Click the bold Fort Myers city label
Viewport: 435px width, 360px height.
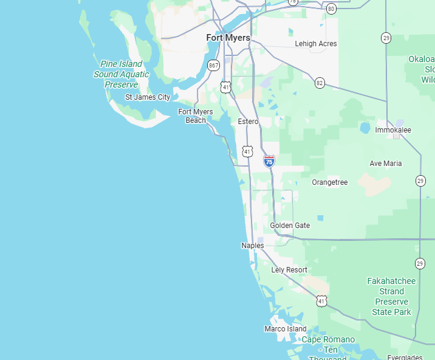pos(228,38)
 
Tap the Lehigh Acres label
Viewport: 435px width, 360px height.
pos(315,44)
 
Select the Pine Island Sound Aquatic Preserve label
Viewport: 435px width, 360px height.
pos(121,74)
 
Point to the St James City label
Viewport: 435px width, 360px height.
pos(148,97)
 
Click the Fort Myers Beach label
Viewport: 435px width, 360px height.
pos(196,116)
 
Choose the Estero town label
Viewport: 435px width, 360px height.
pos(248,122)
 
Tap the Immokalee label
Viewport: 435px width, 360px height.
pos(392,130)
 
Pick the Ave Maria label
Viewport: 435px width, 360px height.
pos(386,164)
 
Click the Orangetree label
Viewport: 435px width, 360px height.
pos(329,182)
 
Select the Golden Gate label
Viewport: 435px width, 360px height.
pos(290,226)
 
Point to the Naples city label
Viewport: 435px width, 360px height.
pos(252,246)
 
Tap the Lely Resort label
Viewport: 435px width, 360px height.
pos(289,270)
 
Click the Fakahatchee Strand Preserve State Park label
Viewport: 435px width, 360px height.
pos(391,297)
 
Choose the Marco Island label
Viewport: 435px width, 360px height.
pos(286,329)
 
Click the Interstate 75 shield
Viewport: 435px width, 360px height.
pos(269,161)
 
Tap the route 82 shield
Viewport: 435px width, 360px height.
pos(320,83)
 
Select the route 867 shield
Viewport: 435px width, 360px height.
pos(213,65)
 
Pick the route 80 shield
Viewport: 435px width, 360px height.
pos(331,9)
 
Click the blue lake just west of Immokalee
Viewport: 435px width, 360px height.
pos(365,128)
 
